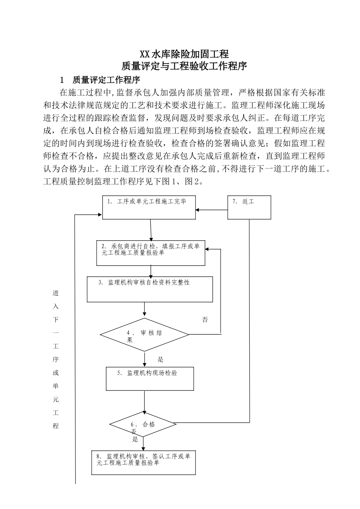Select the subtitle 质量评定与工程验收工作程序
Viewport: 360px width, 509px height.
184,66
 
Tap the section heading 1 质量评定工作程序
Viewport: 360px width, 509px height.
100,80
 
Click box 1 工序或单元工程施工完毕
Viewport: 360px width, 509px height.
150,207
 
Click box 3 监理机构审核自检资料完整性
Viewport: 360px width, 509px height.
150,289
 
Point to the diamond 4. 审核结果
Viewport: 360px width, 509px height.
144,334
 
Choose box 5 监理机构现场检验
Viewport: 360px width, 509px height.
150,379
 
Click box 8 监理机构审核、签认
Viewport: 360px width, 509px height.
143,462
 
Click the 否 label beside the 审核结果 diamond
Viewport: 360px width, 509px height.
205,320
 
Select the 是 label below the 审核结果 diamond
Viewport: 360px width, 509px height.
160,359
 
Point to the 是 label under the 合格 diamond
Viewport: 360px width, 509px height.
135,439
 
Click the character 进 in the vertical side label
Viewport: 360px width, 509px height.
56,293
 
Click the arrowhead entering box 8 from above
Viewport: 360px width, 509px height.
143,448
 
